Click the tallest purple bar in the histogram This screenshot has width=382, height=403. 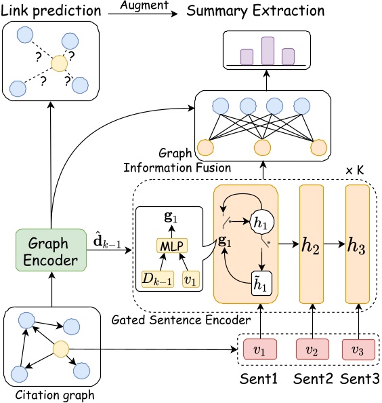(x=268, y=51)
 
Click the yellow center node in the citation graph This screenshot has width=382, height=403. (x=61, y=350)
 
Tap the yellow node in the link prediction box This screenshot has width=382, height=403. (x=60, y=65)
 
